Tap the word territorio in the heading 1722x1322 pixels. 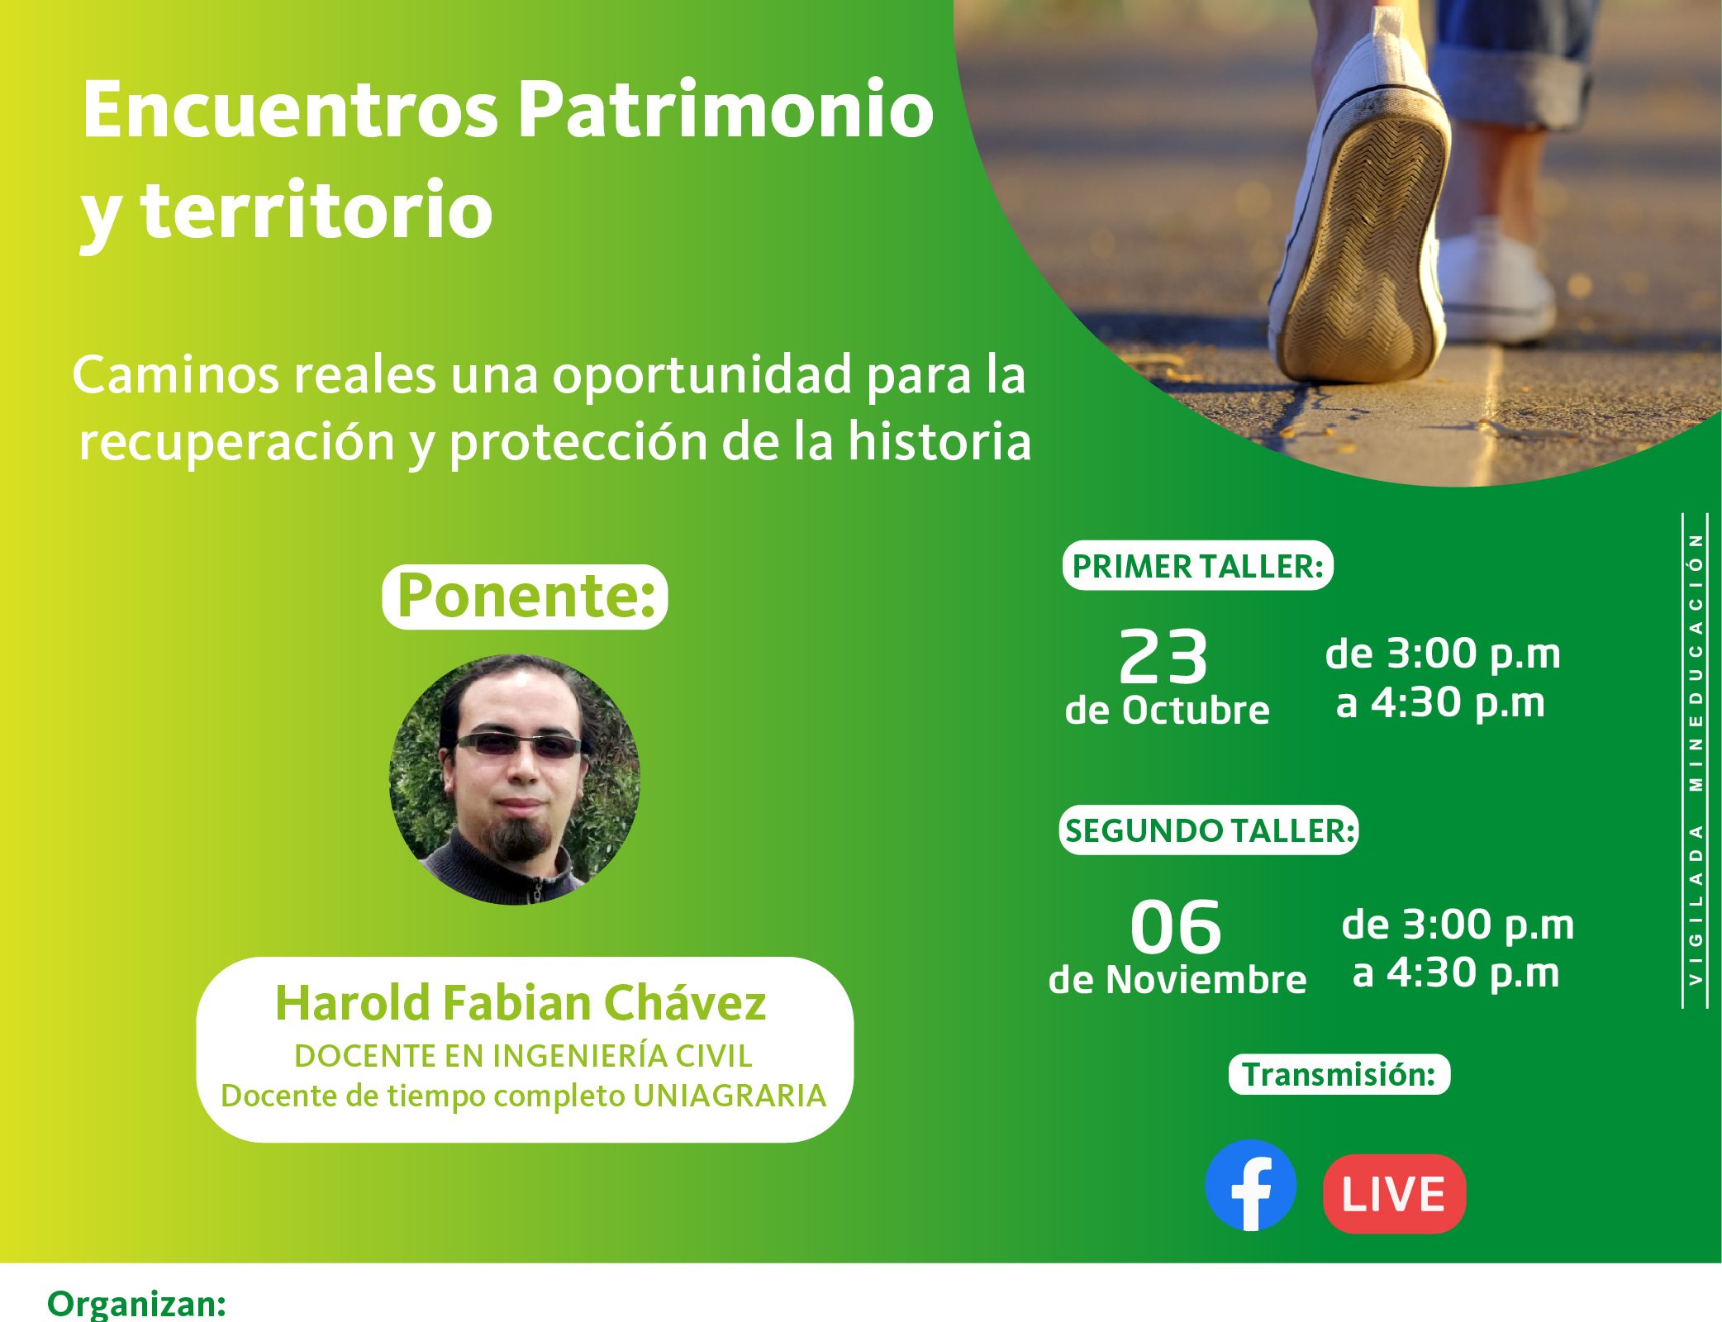[x=317, y=210]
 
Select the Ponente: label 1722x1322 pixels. [x=525, y=597]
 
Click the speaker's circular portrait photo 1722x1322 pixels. [x=515, y=780]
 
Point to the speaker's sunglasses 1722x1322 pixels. [x=520, y=745]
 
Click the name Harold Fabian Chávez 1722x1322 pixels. [x=521, y=1003]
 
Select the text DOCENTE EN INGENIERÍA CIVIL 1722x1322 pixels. [x=524, y=1056]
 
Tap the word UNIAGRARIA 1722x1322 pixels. [x=730, y=1096]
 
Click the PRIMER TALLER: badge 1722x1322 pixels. [x=1198, y=566]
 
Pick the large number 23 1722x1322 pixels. [x=1163, y=657]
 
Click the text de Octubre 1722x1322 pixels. [x=1167, y=711]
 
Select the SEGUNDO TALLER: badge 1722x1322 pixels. [x=1209, y=830]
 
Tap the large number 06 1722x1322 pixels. [x=1176, y=927]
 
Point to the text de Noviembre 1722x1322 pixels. [x=1177, y=980]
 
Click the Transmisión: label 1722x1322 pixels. [x=1339, y=1075]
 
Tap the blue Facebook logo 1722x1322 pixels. [x=1251, y=1186]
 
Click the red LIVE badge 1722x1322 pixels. [x=1394, y=1194]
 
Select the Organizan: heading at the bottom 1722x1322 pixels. [x=137, y=1304]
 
